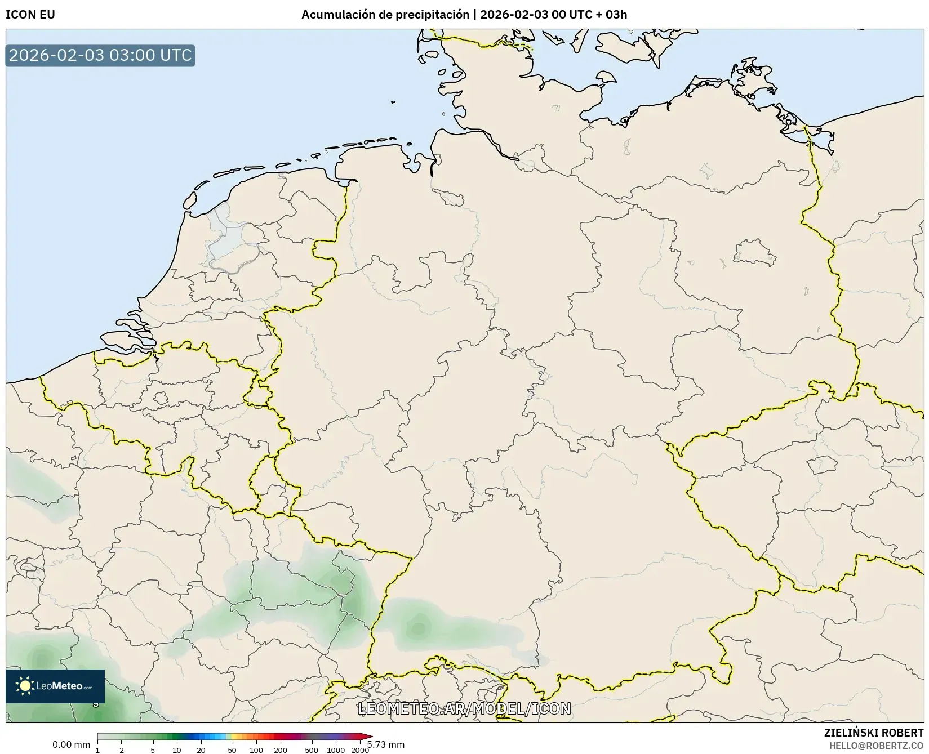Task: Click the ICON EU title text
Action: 30,15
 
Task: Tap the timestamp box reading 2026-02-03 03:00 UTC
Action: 100,55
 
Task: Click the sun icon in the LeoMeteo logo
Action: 25,686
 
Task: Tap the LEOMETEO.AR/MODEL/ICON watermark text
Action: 464,708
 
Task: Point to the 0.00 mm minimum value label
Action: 71,744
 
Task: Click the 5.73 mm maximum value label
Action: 386,744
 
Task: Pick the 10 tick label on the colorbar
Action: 177,750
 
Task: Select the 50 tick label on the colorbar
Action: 232,750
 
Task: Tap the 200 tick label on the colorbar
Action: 281,750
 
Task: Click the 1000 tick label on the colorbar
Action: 336,750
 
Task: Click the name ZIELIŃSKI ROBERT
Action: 874,733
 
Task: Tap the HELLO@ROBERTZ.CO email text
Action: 876,746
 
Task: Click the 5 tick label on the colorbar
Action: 153,750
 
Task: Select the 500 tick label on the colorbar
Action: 312,750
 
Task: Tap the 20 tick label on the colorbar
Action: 201,750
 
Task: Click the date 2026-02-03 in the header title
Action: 514,15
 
